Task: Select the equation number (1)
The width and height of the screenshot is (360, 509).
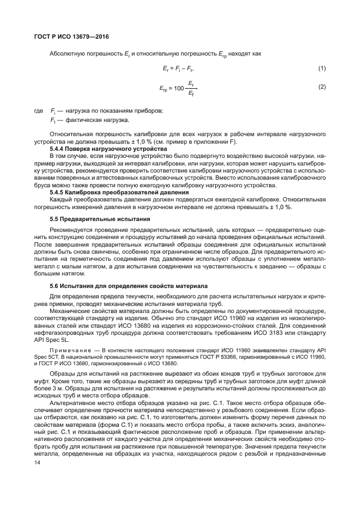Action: [x=321, y=68]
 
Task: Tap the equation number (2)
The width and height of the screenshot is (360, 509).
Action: [x=321, y=87]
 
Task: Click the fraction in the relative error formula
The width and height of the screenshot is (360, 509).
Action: [x=190, y=88]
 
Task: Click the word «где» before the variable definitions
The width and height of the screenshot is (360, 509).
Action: [x=38, y=111]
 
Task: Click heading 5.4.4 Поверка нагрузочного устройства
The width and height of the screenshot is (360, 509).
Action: [x=100, y=149]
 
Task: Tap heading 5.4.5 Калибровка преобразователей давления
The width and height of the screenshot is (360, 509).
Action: [x=109, y=192]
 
